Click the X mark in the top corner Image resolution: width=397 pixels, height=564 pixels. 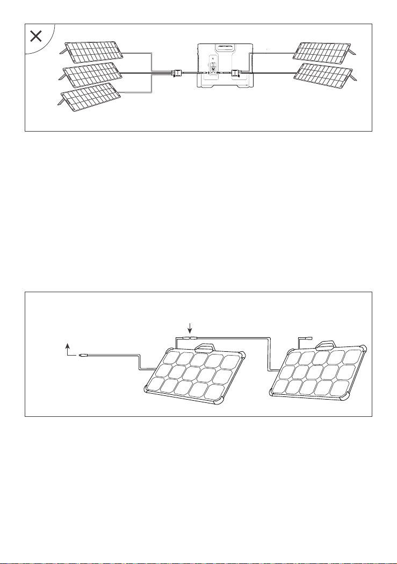coord(36,37)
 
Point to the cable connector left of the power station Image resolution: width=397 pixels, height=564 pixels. coord(176,73)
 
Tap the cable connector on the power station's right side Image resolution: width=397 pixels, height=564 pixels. coord(235,73)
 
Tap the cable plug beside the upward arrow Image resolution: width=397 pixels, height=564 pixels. coord(83,355)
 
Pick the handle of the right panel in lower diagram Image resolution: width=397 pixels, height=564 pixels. coord(326,344)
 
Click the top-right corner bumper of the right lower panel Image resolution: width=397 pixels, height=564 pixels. coord(364,347)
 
